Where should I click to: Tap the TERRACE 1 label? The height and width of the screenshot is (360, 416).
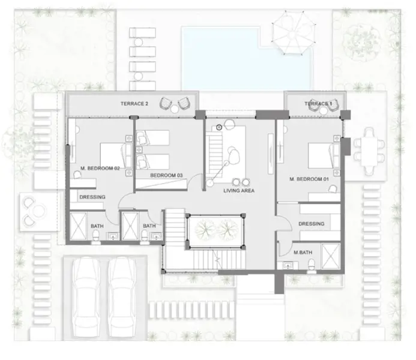[317, 104]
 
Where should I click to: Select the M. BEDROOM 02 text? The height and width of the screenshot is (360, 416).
[100, 169]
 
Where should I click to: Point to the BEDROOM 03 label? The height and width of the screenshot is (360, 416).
[166, 175]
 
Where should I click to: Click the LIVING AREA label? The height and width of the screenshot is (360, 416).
[239, 191]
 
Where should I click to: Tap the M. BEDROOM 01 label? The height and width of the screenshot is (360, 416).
[309, 179]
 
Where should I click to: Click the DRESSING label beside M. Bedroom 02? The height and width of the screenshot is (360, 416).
[92, 197]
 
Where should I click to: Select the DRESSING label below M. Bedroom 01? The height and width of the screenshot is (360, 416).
[311, 224]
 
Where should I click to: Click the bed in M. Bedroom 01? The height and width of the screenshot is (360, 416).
[319, 157]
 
